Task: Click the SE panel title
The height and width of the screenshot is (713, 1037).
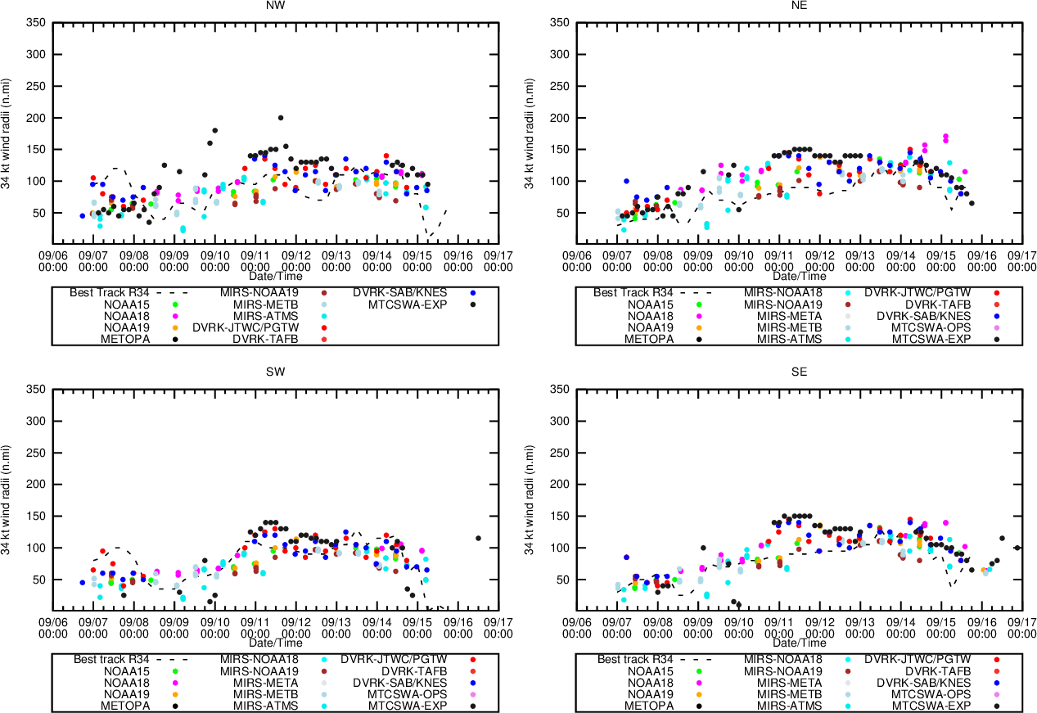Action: click(800, 372)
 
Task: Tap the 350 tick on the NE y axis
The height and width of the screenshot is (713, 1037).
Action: click(561, 22)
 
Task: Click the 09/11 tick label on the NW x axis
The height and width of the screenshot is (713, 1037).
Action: click(255, 260)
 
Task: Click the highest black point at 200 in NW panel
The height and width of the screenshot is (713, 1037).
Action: click(281, 118)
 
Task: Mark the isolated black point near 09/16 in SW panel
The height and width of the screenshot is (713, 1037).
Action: click(478, 538)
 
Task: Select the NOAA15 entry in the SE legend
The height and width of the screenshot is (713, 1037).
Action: click(652, 670)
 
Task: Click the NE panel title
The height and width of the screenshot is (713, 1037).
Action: click(800, 5)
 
